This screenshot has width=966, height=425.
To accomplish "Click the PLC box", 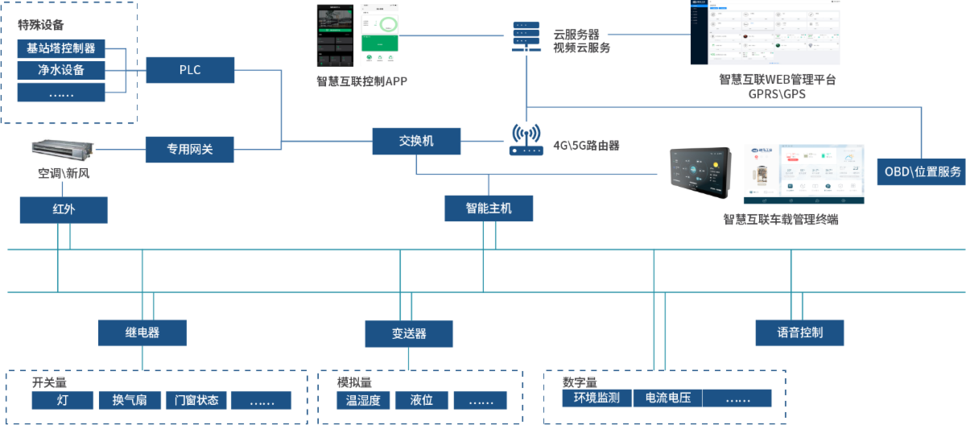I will tap(190, 70).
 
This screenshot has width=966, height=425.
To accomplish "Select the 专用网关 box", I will tap(190, 149).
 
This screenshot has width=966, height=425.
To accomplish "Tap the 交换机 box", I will tap(416, 141).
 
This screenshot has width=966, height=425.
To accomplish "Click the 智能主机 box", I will tap(489, 208).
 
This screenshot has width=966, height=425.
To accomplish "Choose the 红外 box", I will tap(64, 210).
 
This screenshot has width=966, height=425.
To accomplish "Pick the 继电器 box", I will tap(142, 332).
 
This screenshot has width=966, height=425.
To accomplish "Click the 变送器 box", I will tap(409, 334).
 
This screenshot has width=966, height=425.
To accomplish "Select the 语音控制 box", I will tap(800, 332).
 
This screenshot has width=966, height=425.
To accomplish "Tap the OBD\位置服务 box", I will tap(923, 171).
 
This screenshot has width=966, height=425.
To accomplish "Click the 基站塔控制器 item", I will tap(61, 48).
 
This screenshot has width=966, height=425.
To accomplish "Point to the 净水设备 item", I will tap(61, 70).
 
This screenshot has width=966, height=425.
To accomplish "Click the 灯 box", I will tap(63, 400).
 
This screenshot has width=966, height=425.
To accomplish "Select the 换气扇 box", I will tap(130, 400).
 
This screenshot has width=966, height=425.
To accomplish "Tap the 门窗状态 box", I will tap(196, 400).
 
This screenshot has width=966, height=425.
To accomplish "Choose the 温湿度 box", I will tap(363, 400).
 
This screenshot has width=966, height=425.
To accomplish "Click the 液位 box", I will tap(421, 400).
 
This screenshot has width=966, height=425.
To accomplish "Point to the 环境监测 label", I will tap(597, 398).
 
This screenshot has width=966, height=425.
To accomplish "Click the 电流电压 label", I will tap(668, 398).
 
